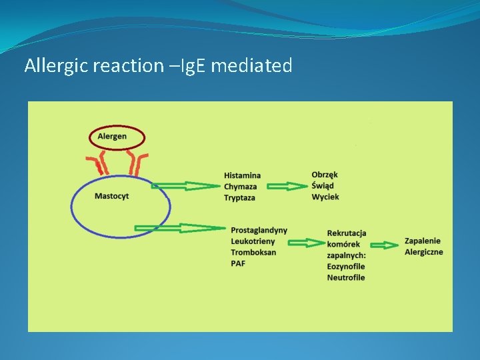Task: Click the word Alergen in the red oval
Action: (x=112, y=137)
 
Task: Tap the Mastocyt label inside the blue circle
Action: (x=112, y=196)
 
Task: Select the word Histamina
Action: (x=243, y=175)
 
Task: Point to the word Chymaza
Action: (x=241, y=187)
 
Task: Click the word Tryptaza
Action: (x=240, y=198)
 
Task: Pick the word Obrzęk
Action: (x=325, y=175)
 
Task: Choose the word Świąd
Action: (x=323, y=186)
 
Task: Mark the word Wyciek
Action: (x=325, y=197)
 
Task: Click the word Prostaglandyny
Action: (x=259, y=230)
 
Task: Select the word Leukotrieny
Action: (x=253, y=241)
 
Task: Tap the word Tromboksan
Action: (x=253, y=253)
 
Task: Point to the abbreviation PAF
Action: (x=238, y=264)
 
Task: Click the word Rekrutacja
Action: (x=347, y=233)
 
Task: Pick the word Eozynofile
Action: (x=346, y=267)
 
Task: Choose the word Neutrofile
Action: (x=346, y=277)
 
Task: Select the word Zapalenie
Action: (x=423, y=241)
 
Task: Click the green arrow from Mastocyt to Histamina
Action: (x=185, y=186)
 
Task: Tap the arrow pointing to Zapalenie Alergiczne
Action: (x=384, y=243)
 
